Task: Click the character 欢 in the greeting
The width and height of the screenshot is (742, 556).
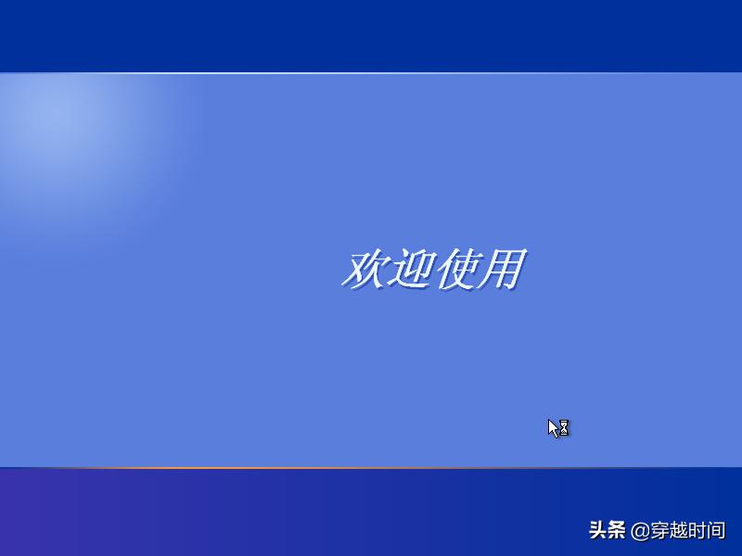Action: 364,270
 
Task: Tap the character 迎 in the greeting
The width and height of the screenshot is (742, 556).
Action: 409,270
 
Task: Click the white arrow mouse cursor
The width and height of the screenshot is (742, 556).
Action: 554,428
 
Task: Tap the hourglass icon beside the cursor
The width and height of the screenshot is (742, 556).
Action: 564,428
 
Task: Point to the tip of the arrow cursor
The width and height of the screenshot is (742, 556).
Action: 549,420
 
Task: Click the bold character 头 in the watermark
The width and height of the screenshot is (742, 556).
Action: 598,531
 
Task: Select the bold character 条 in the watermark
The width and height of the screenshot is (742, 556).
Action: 618,531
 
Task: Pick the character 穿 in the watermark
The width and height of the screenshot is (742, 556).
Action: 659,531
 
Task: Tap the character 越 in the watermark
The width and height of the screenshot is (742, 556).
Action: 679,531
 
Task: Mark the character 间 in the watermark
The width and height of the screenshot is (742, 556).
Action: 716,531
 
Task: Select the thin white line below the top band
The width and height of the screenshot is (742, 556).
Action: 371,72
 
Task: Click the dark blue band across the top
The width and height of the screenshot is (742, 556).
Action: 371,35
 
